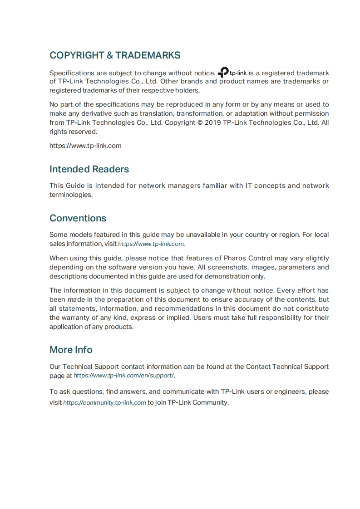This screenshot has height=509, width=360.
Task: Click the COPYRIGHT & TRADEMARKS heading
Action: click(115, 55)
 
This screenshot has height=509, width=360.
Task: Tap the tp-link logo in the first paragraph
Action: click(232, 73)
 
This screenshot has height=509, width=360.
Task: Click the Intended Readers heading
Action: click(89, 169)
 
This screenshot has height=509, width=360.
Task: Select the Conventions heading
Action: click(78, 218)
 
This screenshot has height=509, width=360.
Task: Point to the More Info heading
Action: click(71, 350)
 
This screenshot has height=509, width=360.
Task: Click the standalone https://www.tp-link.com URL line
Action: click(85, 146)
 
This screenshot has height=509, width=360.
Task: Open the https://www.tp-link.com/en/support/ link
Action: click(124, 376)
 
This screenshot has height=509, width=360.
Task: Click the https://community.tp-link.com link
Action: click(104, 402)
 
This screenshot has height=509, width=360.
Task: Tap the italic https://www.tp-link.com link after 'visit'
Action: click(151, 244)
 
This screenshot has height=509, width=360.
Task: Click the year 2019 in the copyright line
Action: click(213, 122)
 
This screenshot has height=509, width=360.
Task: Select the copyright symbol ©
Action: click(200, 122)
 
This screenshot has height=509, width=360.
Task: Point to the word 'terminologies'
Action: click(70, 195)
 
